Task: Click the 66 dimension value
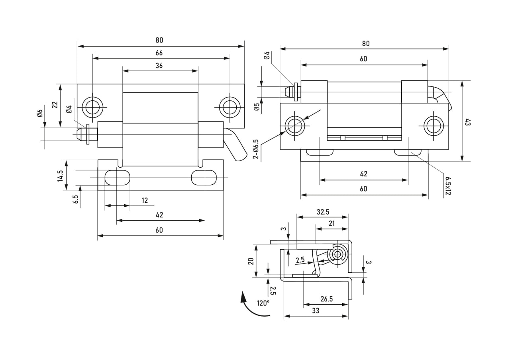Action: [x=159, y=53]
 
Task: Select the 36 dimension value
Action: [x=159, y=66]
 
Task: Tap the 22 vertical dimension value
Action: [x=55, y=105]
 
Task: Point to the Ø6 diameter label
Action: [x=39, y=113]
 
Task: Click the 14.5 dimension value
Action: [x=60, y=176]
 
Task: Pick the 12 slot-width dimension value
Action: [x=145, y=201]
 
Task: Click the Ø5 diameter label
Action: [x=257, y=107]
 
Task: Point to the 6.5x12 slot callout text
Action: [x=448, y=186]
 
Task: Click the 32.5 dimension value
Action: [x=323, y=212]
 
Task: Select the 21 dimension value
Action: [x=332, y=223]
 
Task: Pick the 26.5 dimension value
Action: [x=326, y=299]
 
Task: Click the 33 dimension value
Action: [x=316, y=311]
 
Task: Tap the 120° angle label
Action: [x=263, y=303]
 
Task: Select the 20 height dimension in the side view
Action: [x=251, y=261]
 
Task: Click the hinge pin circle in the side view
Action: [x=338, y=254]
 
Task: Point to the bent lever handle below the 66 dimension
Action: [x=235, y=145]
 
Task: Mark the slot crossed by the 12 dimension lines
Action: [x=117, y=178]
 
